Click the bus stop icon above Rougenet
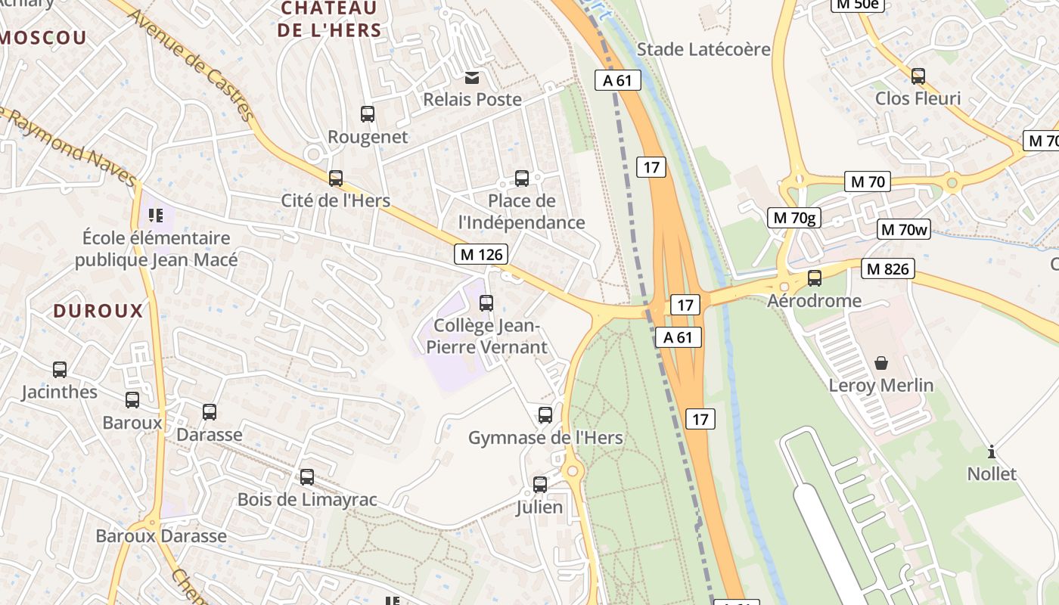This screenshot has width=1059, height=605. [368, 114]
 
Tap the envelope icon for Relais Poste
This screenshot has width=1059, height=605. [472, 77]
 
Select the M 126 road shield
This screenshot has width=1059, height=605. [481, 254]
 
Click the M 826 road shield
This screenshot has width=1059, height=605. [888, 268]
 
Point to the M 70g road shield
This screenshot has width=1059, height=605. [794, 219]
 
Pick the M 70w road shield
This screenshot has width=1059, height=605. [904, 230]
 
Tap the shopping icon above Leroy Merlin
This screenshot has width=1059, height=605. [881, 363]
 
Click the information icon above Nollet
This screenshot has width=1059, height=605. [992, 452]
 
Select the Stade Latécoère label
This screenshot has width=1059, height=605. [703, 50]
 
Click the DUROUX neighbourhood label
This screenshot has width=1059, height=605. [98, 311]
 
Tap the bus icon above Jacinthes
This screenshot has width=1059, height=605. [60, 370]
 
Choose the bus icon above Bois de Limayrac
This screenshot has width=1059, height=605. [306, 477]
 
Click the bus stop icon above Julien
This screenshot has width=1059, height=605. [539, 485]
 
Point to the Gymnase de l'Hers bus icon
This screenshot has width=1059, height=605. [545, 415]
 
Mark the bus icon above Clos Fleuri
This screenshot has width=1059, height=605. [918, 76]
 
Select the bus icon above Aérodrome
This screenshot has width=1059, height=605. [814, 278]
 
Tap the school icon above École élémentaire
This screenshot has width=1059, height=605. [156, 216]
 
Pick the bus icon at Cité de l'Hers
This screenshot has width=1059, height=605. [335, 178]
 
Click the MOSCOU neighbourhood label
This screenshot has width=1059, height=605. [43, 37]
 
